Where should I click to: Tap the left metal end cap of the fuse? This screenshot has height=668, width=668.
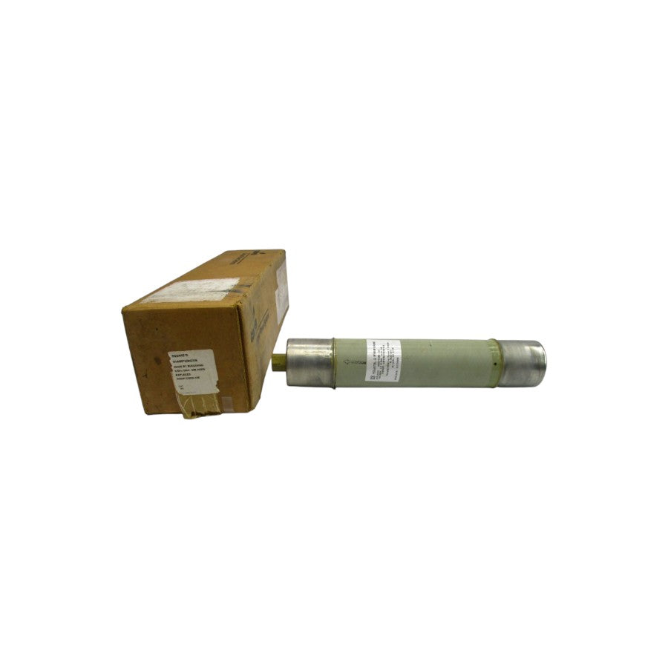point(310,362)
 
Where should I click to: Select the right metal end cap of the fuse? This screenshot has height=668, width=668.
point(523,363)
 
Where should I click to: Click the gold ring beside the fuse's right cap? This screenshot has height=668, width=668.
point(494,363)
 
